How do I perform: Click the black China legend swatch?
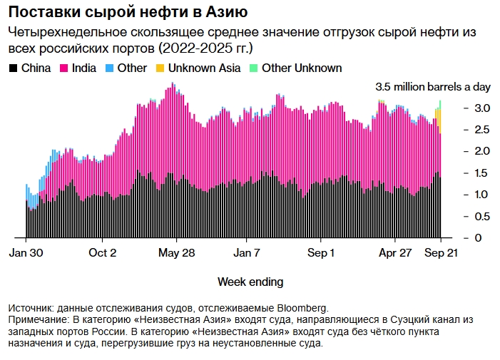click(x=13, y=68)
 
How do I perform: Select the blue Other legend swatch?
click(x=110, y=68)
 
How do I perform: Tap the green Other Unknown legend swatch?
click(x=255, y=68)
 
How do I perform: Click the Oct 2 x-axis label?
click(x=103, y=253)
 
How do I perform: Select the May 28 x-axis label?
click(x=176, y=253)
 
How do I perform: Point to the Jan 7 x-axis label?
click(x=248, y=253)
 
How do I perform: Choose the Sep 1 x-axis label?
click(x=322, y=253)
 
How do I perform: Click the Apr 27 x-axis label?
click(x=396, y=253)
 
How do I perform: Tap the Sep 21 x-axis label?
click(x=441, y=253)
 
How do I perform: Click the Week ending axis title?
click(x=250, y=281)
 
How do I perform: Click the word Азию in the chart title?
click(x=226, y=13)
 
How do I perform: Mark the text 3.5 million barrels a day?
click(x=433, y=87)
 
